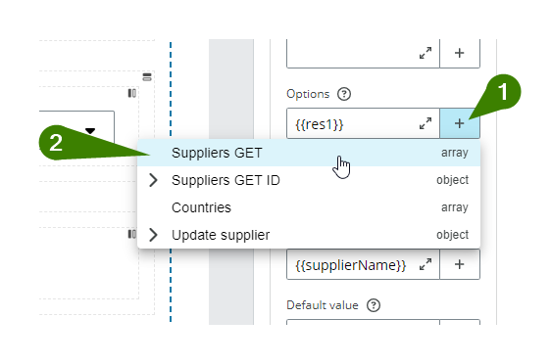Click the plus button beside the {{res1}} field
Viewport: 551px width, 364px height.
[x=460, y=124]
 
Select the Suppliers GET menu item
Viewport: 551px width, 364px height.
[x=217, y=153]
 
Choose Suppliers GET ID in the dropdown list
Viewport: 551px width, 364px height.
[x=225, y=180]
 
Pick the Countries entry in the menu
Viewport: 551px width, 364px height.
[x=201, y=207]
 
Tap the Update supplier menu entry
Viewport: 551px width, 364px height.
[x=220, y=235]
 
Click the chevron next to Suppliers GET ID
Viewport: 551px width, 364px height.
[x=153, y=180]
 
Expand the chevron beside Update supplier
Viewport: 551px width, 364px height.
[x=153, y=235]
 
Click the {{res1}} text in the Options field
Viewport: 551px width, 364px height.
[x=320, y=124]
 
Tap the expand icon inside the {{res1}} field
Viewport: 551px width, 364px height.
[x=425, y=124]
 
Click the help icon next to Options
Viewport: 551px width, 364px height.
[x=344, y=94]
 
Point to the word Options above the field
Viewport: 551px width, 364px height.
[x=307, y=94]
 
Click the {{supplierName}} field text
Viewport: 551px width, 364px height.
[x=350, y=265]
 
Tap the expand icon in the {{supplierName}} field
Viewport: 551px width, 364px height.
[x=425, y=265]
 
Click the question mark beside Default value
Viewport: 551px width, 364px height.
[x=374, y=304]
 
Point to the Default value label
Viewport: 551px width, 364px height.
[x=322, y=304]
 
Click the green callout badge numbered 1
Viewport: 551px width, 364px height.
[x=503, y=92]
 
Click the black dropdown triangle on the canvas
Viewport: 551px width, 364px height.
[x=90, y=129]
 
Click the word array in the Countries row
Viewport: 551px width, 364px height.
[x=454, y=207]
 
